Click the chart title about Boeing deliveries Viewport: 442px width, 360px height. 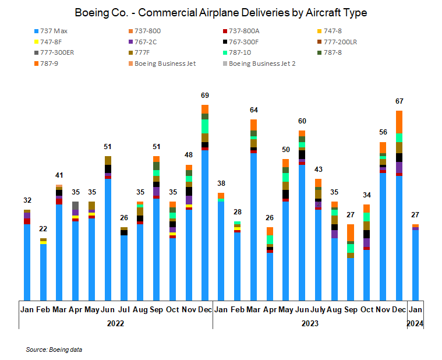[221, 12]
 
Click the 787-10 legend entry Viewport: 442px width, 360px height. [244, 52]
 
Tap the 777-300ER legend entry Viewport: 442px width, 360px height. [58, 52]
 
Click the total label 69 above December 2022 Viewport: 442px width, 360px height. [204, 95]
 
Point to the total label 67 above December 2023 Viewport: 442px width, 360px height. [399, 101]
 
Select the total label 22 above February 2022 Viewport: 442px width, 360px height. [43, 228]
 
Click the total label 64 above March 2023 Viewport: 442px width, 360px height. [253, 110]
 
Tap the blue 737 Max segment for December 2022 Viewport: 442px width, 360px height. [204, 224]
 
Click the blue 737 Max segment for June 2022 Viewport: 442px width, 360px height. [108, 239]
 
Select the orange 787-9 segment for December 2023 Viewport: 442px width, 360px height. [399, 122]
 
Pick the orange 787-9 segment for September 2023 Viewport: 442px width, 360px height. [350, 232]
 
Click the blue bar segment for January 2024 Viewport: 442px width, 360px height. [415, 264]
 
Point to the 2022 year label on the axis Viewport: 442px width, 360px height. [116, 323]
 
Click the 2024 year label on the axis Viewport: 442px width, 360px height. [415, 323]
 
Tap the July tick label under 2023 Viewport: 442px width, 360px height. [318, 309]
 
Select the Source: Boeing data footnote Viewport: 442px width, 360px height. [54, 350]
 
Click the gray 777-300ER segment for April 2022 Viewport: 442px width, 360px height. [75, 205]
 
